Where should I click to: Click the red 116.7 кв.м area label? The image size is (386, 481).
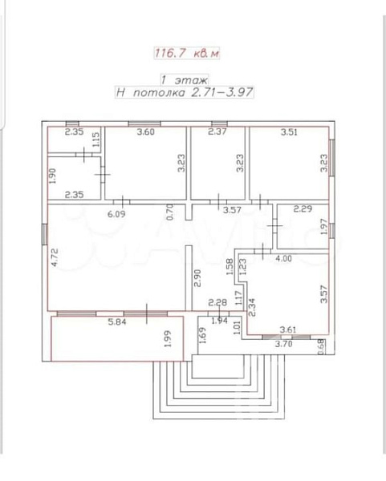click(x=187, y=53)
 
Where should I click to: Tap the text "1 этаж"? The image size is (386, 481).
click(x=185, y=80)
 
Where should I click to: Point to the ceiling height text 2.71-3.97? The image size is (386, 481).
click(x=222, y=92)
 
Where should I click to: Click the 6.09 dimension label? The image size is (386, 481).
click(x=116, y=213)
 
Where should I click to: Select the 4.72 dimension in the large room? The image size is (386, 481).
click(x=54, y=257)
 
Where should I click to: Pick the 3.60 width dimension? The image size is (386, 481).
click(x=146, y=132)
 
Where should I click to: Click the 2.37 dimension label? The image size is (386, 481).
click(x=217, y=131)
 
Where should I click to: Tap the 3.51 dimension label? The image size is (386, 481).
click(x=289, y=132)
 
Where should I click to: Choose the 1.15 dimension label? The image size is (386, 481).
click(x=95, y=139)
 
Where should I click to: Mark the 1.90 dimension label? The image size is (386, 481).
click(x=52, y=176)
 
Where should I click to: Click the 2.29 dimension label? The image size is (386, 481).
click(x=303, y=209)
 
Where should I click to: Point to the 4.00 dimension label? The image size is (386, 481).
click(x=283, y=259)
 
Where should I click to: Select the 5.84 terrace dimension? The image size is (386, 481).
click(x=117, y=321)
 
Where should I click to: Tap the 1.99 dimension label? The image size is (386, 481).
click(x=168, y=338)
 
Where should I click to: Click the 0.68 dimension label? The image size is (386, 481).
click(x=321, y=346)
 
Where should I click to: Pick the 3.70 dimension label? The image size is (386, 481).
click(x=283, y=344)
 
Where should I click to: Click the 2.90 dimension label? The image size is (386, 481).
click(x=197, y=278)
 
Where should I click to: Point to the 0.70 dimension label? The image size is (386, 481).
click(x=169, y=212)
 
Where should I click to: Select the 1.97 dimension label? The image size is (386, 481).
click(x=324, y=227)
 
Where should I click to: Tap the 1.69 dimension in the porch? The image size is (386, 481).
click(x=203, y=335)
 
